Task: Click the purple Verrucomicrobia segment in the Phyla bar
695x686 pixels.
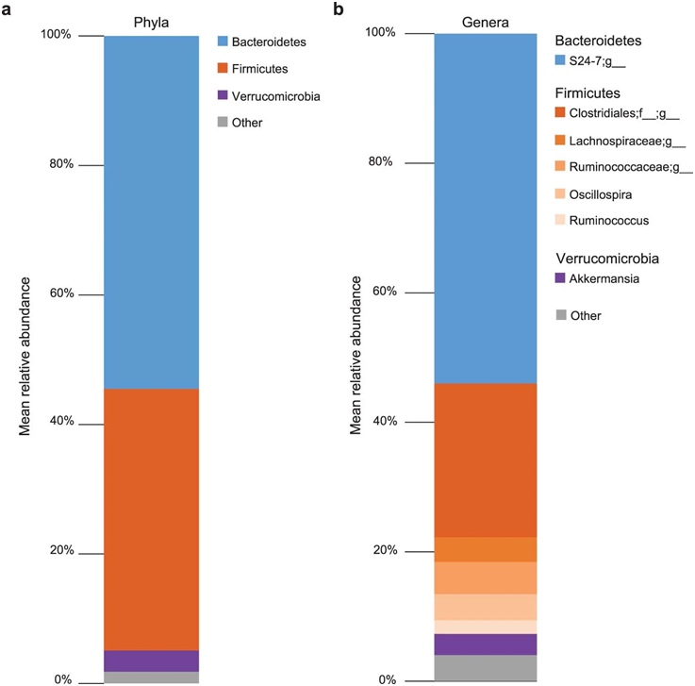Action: click(151, 661)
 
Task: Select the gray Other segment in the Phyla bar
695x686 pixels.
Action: click(151, 678)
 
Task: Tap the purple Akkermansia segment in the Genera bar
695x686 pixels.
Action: click(486, 644)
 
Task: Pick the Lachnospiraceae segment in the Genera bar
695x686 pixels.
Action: click(486, 549)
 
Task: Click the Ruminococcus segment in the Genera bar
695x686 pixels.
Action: click(486, 627)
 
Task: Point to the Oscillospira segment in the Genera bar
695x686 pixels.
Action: click(486, 607)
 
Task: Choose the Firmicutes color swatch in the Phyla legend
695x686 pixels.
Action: click(223, 69)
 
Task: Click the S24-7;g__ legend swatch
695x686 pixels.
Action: click(560, 60)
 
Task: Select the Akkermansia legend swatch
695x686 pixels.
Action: click(560, 278)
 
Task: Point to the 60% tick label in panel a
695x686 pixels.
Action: click(60, 293)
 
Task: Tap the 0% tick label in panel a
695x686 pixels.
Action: click(62, 679)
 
